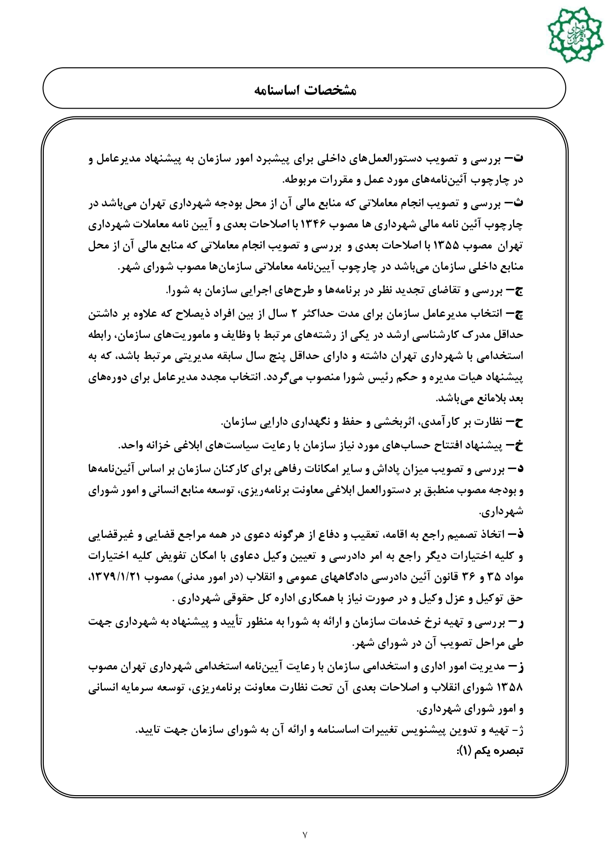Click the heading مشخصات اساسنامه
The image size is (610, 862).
point(304,90)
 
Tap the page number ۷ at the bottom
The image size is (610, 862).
point(305,834)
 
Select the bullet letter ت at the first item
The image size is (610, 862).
point(519,159)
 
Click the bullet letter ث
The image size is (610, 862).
point(519,203)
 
